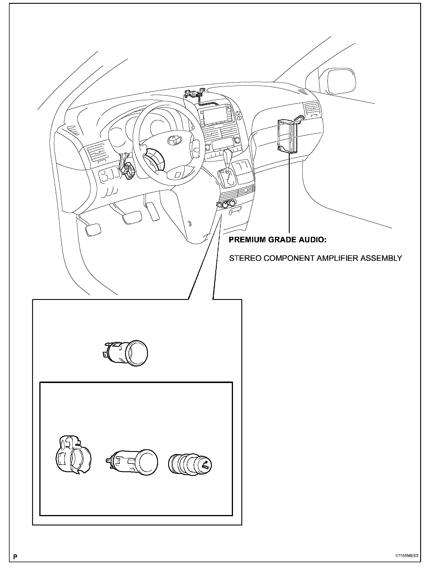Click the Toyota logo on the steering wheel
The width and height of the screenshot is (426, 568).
[x=174, y=140]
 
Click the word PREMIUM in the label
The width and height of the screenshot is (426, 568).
[x=246, y=240]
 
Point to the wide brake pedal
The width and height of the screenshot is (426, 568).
[x=132, y=217]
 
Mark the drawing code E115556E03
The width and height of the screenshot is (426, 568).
[x=407, y=556]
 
